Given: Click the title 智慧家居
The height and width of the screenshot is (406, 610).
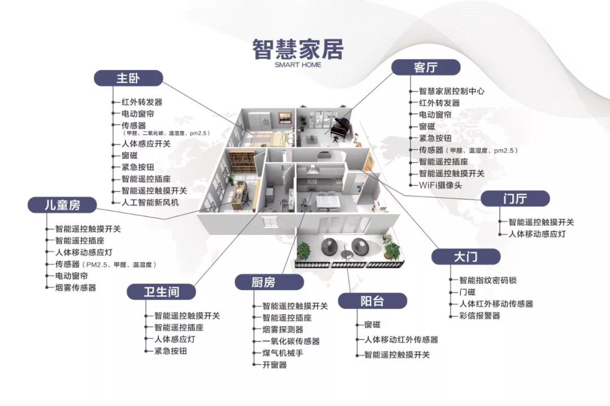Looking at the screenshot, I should (x=298, y=49).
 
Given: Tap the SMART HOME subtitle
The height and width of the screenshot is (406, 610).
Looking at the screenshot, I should (x=298, y=64).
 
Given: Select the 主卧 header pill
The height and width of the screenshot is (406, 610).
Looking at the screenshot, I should (x=128, y=78).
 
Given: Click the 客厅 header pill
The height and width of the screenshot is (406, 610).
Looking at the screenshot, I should (x=425, y=68).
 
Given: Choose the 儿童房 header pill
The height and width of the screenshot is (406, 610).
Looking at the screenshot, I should (x=63, y=205).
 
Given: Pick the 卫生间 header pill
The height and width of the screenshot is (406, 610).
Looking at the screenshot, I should (x=161, y=291).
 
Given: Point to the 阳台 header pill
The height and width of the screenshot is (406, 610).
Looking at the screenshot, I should (x=372, y=301).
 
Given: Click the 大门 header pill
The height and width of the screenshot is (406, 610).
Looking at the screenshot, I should (x=466, y=257).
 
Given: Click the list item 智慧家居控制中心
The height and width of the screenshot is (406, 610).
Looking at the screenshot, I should (x=451, y=91).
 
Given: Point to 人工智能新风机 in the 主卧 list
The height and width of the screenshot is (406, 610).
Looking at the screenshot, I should (x=150, y=202).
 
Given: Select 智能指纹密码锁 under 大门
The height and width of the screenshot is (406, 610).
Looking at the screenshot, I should (x=488, y=280).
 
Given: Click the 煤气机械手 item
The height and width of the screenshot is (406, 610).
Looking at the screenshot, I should (x=283, y=353).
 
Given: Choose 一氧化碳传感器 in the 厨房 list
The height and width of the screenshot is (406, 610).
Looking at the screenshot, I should (x=291, y=341).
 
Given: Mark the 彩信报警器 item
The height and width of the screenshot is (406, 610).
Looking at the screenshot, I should (x=480, y=316).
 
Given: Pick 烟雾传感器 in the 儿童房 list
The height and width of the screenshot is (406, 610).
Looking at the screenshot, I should (x=75, y=287).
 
